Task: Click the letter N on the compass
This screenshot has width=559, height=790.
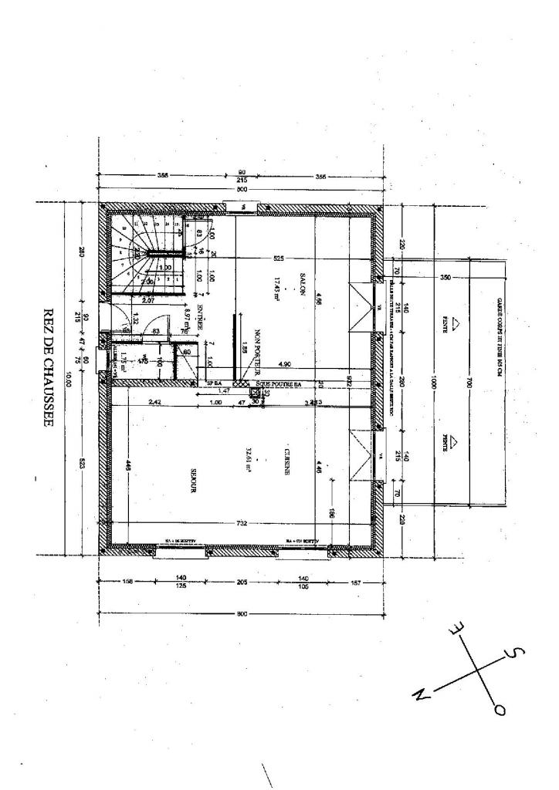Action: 421,694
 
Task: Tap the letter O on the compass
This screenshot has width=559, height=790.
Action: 500,708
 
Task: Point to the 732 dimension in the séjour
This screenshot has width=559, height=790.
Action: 242,524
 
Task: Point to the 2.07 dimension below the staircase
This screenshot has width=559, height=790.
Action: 147,299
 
